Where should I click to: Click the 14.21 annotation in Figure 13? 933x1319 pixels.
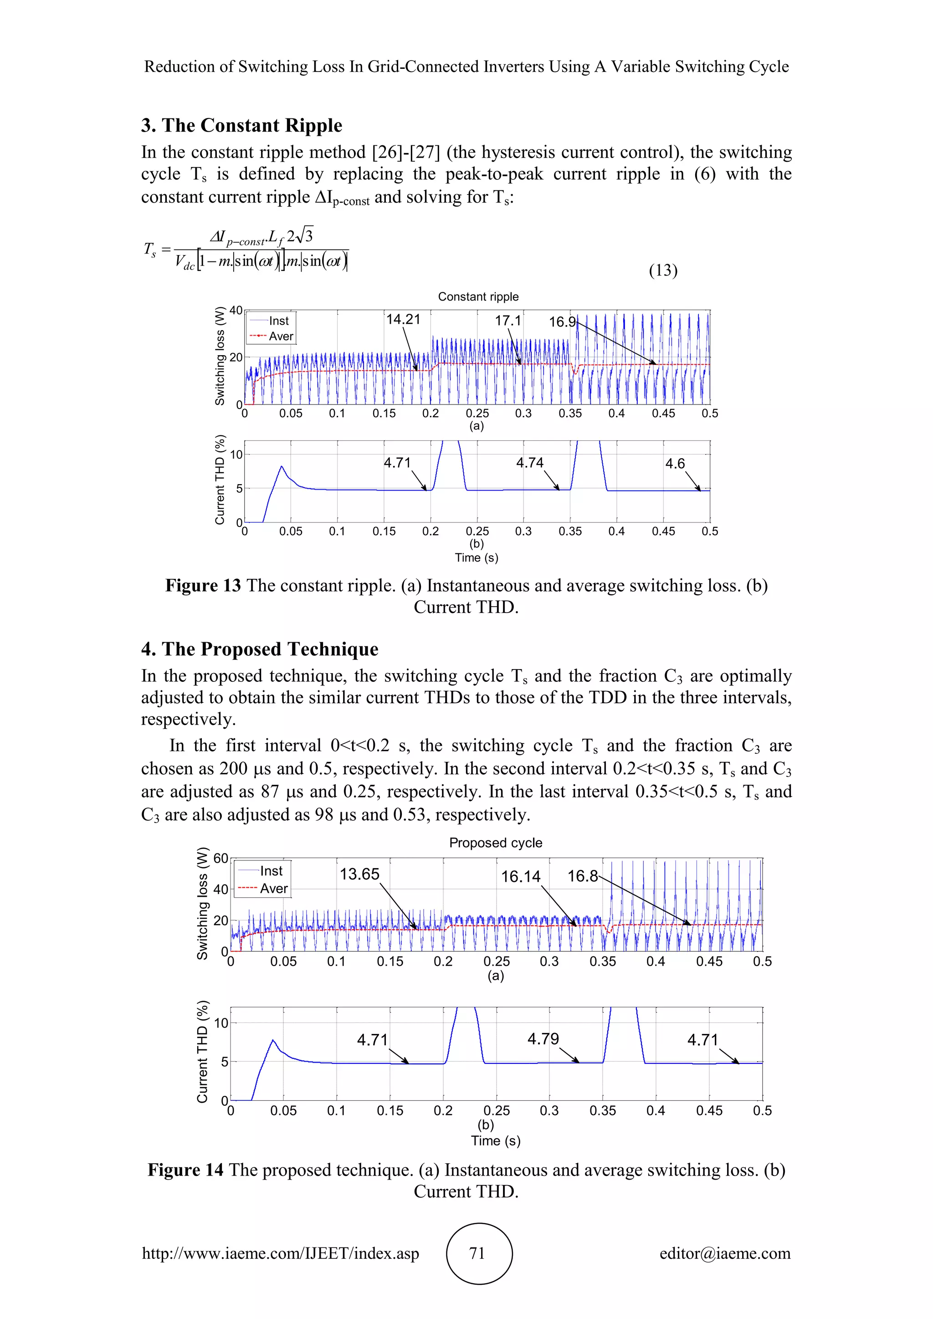[403, 319]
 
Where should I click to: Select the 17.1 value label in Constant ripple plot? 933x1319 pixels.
[508, 321]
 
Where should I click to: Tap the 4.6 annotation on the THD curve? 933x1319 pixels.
[675, 464]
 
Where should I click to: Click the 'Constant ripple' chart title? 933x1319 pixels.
[478, 297]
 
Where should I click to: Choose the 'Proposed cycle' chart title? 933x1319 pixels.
[495, 843]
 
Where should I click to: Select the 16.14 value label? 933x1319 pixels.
[521, 877]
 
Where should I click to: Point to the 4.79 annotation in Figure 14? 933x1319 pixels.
[543, 1038]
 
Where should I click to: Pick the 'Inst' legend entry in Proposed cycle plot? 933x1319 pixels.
[271, 871]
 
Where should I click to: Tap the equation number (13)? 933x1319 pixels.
[663, 270]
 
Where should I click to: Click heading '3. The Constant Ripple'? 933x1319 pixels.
[242, 125]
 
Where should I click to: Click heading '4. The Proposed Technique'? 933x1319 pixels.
[260, 649]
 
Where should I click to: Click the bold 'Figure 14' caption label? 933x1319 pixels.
[185, 1170]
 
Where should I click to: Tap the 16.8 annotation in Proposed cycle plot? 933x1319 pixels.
[583, 876]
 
